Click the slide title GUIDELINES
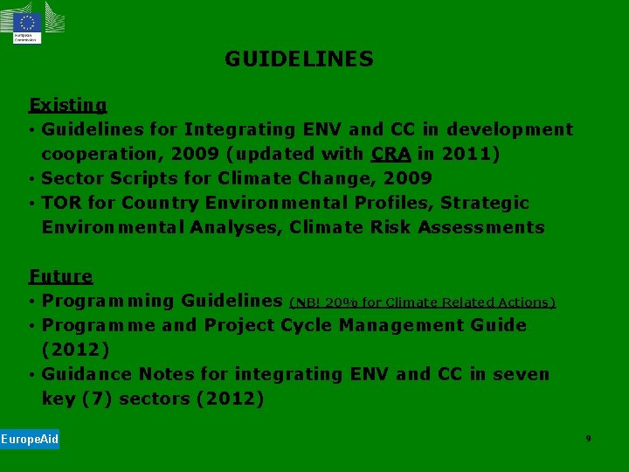pyautogui.click(x=299, y=59)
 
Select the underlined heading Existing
pyautogui.click(x=67, y=106)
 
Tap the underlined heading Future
pyautogui.click(x=60, y=276)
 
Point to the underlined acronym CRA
pyautogui.click(x=391, y=154)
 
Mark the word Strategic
pyautogui.click(x=485, y=203)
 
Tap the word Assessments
pyautogui.click(x=481, y=227)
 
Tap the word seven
pyautogui.click(x=521, y=374)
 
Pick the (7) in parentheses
pyautogui.click(x=96, y=399)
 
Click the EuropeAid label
pyautogui.click(x=30, y=439)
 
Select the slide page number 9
pyautogui.click(x=588, y=438)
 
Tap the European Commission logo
pyautogui.click(x=26, y=23)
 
